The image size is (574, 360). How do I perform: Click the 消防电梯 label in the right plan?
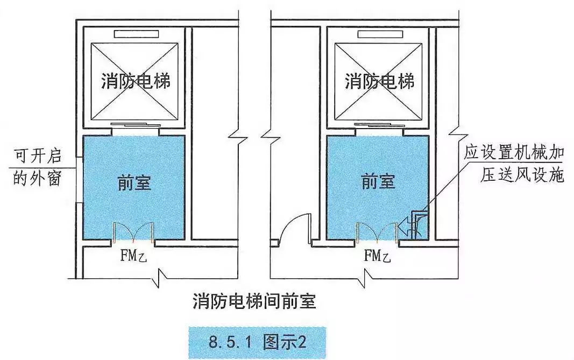379,82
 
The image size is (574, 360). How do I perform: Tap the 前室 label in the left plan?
134,183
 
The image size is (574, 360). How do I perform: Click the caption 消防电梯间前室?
254,301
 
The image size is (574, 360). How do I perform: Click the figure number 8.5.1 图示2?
257,342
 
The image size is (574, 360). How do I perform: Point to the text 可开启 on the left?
37,157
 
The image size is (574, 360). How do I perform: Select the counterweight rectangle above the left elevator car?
134,34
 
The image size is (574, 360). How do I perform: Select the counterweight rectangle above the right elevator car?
378,34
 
